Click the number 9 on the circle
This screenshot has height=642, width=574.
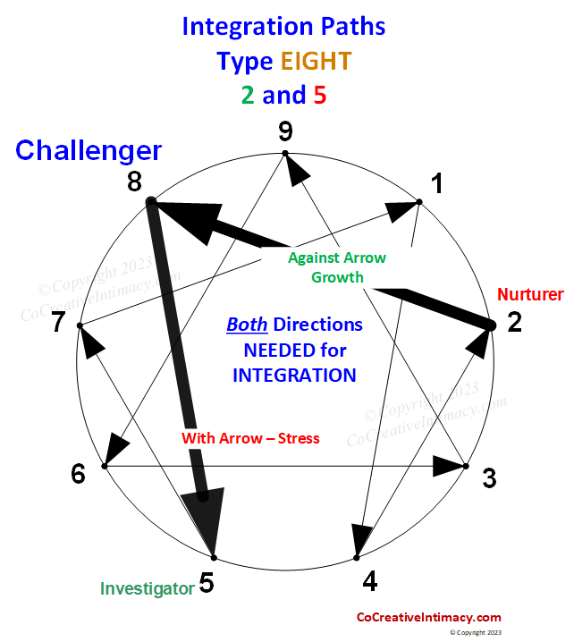[285, 132]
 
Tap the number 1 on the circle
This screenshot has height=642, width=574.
[437, 183]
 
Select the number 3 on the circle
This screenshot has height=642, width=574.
[489, 478]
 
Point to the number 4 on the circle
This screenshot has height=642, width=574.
[370, 581]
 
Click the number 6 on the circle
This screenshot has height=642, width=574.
[79, 474]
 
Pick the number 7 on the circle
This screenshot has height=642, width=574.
[58, 322]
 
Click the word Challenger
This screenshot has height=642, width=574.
[89, 150]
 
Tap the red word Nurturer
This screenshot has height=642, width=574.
[530, 294]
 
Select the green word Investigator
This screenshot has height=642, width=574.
[147, 588]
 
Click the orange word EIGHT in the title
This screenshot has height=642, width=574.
[316, 61]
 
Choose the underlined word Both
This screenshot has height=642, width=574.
[247, 324]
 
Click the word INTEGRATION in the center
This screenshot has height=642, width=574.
[294, 375]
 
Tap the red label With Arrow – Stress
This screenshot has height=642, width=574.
[250, 438]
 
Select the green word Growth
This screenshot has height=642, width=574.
[337, 276]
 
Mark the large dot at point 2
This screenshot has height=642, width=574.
[490, 325]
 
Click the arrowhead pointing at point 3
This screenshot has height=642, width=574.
[448, 466]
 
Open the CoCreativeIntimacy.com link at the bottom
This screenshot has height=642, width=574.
[428, 617]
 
